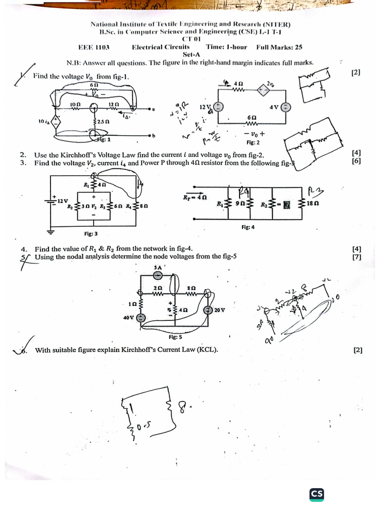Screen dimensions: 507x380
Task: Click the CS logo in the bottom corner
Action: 317,494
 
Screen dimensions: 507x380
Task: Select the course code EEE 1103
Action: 94,47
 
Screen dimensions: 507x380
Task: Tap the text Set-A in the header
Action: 191,54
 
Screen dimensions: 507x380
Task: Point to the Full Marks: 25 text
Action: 279,47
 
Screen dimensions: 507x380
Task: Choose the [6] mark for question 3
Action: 357,161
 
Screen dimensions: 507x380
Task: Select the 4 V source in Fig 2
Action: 285,107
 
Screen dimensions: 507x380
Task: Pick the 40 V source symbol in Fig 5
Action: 142,318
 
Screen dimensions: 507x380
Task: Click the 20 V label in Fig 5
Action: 220,310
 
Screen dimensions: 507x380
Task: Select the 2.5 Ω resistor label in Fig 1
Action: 103,121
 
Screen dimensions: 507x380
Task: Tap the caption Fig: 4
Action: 248,227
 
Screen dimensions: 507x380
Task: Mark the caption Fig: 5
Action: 175,337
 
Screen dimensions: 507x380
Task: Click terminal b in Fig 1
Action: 153,135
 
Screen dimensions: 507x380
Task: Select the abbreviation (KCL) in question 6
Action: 208,350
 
